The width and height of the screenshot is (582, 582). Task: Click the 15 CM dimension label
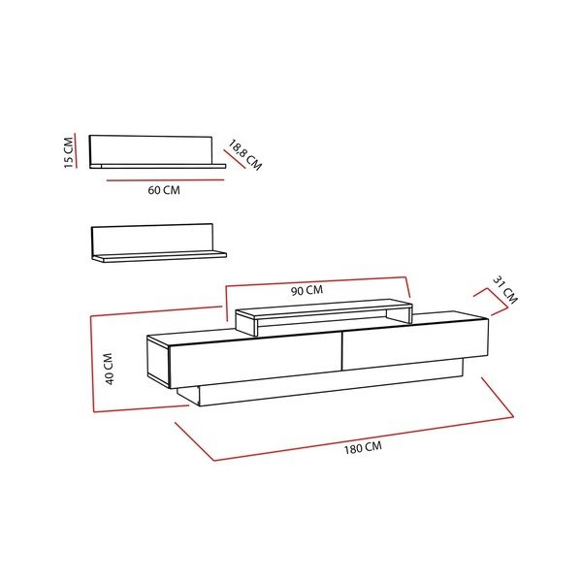[69, 152]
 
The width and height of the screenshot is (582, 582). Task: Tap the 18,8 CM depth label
[245, 155]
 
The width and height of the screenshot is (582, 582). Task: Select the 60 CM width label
[164, 190]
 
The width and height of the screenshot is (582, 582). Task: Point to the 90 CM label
[307, 290]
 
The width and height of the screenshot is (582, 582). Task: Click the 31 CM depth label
[504, 290]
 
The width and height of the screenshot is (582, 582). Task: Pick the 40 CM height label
[109, 369]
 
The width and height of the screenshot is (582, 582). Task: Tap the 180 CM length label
[363, 447]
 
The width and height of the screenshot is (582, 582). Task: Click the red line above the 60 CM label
[166, 180]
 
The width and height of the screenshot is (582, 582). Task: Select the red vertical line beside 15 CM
[76, 150]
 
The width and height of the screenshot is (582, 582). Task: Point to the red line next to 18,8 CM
[235, 159]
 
